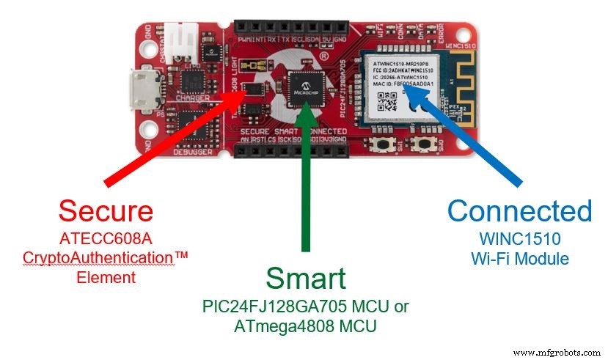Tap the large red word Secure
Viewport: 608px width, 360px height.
pos(106,211)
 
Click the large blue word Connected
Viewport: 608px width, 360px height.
pos(519,211)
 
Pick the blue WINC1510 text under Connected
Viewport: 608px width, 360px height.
pos(519,239)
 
